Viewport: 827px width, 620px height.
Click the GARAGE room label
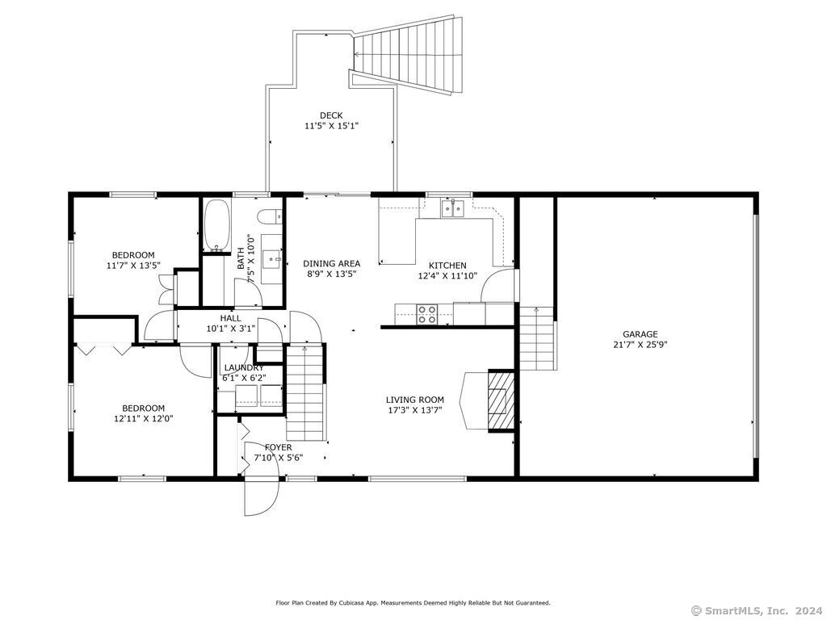coord(640,333)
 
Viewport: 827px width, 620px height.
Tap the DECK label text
coord(331,115)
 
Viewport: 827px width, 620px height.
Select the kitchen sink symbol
coord(452,209)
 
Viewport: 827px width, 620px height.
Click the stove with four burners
coord(426,314)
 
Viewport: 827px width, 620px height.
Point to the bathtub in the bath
coord(216,225)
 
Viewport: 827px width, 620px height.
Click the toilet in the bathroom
coord(271,216)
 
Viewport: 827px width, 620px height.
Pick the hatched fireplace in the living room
coord(501,400)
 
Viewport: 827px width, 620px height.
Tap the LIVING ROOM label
coord(415,400)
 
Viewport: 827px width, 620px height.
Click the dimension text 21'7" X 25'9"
coord(640,345)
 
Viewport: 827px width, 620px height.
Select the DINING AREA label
coord(332,264)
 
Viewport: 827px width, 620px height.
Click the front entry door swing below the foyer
coord(261,496)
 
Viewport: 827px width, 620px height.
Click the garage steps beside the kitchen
coord(537,338)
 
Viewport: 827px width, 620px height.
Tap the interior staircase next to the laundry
coord(304,392)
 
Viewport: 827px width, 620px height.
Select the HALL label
coord(230,318)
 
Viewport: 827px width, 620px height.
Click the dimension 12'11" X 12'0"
coord(144,419)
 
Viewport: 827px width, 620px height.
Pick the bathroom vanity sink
coord(272,259)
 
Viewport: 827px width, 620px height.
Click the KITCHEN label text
coord(447,265)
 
